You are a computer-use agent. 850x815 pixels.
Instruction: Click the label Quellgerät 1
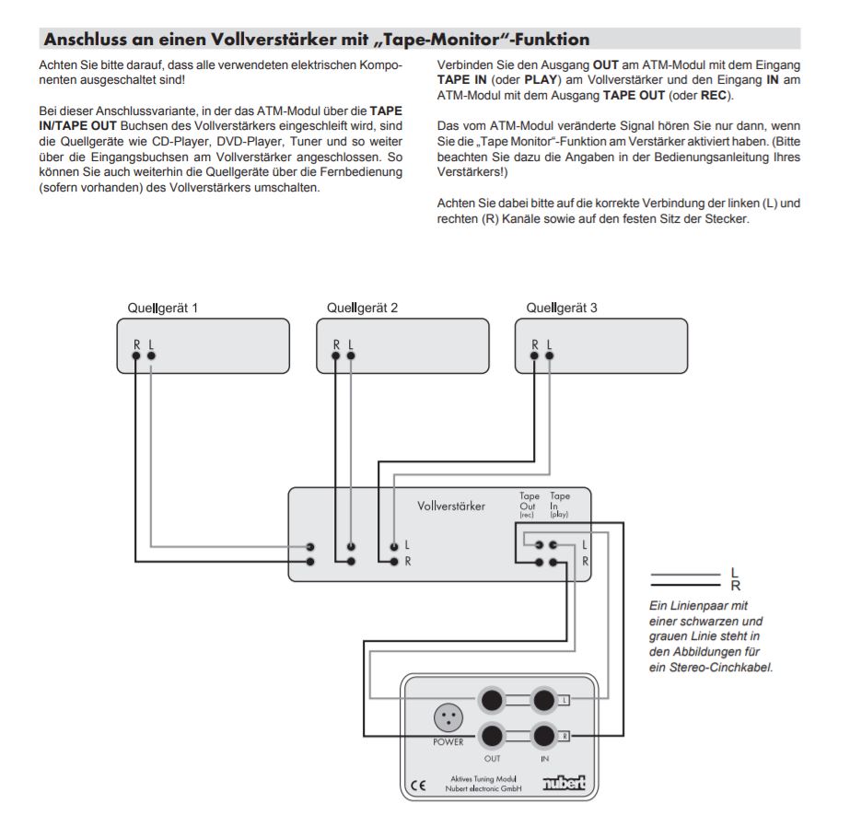click(x=162, y=308)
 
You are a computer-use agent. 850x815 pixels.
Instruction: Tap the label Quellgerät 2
click(x=362, y=308)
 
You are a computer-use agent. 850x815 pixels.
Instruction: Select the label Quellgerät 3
click(x=562, y=308)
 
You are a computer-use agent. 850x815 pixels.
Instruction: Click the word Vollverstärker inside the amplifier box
click(x=451, y=506)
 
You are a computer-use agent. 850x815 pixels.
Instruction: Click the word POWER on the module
click(x=448, y=742)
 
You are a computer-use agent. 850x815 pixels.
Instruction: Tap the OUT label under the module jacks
click(x=493, y=758)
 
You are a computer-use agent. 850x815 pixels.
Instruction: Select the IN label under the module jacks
click(x=544, y=758)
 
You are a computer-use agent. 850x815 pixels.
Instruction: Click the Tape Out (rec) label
click(x=528, y=505)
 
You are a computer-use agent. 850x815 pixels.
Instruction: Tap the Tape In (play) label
click(x=559, y=505)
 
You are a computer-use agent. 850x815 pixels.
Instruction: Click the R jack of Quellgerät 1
click(x=136, y=358)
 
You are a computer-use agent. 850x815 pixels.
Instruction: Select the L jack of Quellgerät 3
click(x=550, y=358)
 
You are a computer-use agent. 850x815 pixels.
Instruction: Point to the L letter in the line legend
click(x=734, y=573)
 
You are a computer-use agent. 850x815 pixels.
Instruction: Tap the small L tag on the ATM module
click(x=565, y=701)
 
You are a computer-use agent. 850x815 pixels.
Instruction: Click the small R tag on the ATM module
click(x=565, y=736)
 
